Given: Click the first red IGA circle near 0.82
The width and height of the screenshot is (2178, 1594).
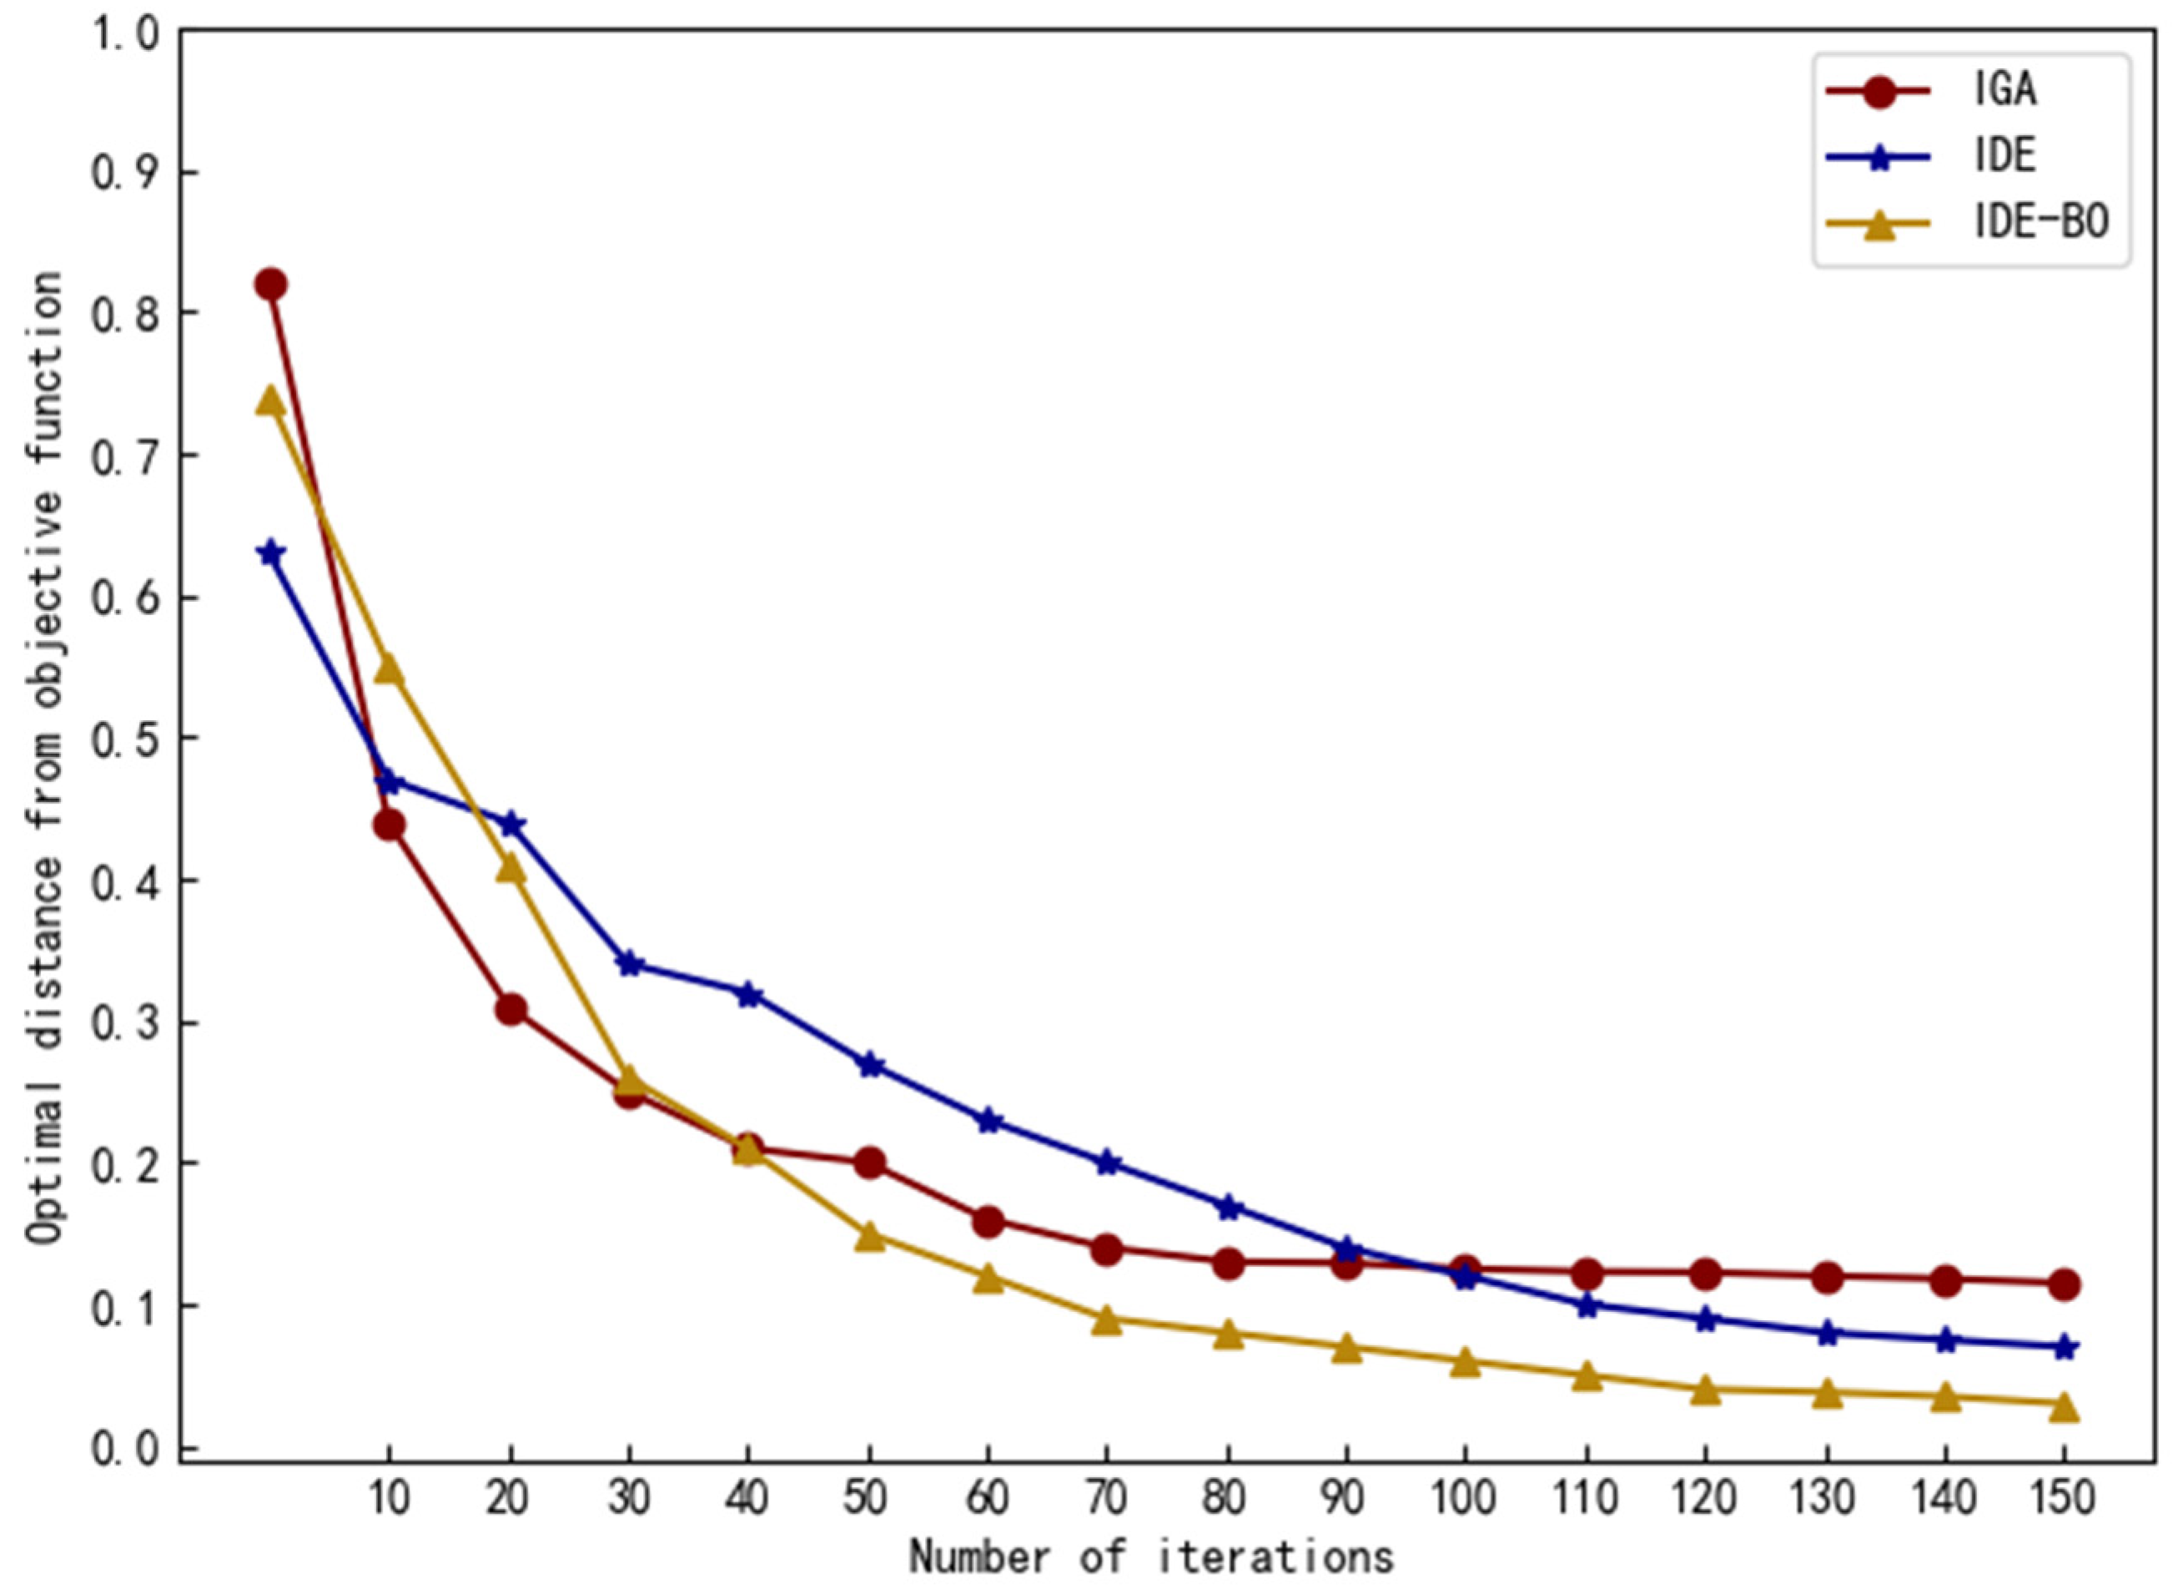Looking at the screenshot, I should pyautogui.click(x=271, y=285).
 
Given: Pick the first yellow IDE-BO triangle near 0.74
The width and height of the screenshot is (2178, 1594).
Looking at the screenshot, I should pyautogui.click(x=271, y=401).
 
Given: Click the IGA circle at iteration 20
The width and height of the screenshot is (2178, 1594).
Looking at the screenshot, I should pyautogui.click(x=511, y=1009).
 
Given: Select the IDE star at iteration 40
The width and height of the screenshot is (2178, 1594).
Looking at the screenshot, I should pyautogui.click(x=748, y=995).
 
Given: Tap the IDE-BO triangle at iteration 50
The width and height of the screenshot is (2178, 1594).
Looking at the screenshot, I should pyautogui.click(x=869, y=1236).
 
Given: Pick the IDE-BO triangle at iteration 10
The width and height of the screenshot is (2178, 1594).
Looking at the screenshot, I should pyautogui.click(x=389, y=668).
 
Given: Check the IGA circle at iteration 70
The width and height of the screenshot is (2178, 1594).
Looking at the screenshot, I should pyautogui.click(x=1106, y=1249).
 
